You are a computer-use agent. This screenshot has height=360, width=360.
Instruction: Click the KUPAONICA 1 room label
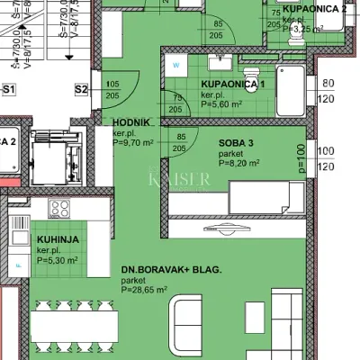(x=233, y=83)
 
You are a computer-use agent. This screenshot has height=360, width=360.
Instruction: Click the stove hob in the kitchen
(x=60, y=209)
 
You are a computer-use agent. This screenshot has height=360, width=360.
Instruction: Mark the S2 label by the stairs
(x=81, y=89)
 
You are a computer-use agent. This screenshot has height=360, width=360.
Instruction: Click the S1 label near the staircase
(x=11, y=89)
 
